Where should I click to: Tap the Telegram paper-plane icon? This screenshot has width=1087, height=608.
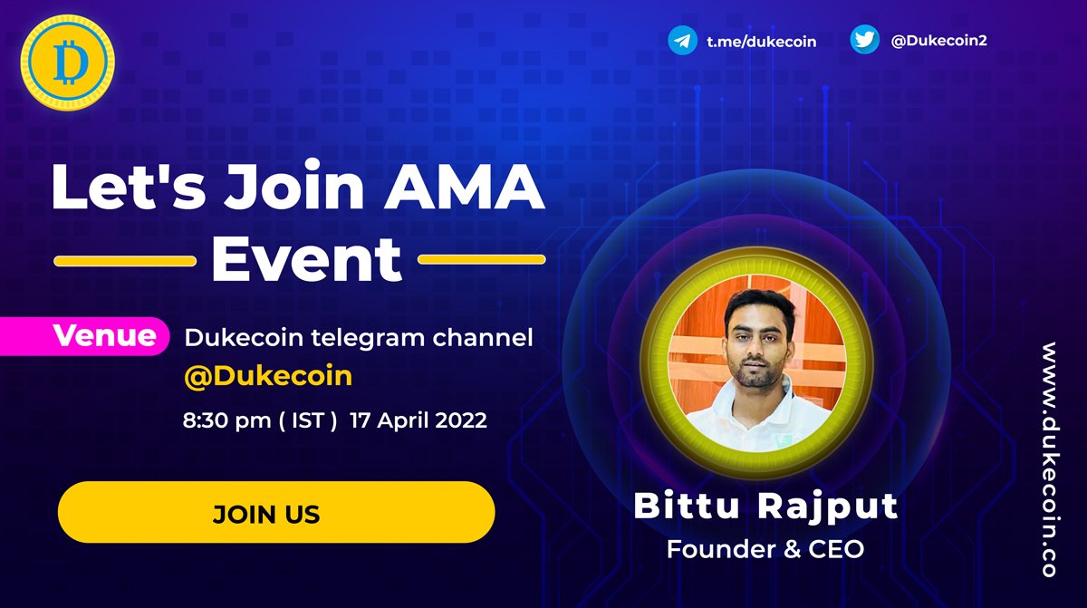[682, 41]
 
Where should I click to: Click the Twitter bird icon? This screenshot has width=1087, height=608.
[864, 41]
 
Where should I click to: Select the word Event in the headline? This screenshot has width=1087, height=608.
[306, 259]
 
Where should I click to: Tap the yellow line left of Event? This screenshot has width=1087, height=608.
[125, 260]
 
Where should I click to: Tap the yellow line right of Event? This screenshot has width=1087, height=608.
[482, 259]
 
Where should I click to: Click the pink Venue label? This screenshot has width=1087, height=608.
[105, 336]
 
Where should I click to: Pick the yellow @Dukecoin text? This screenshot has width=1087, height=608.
[267, 376]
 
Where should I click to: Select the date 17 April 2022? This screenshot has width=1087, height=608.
[418, 420]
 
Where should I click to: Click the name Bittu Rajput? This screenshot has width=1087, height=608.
[765, 507]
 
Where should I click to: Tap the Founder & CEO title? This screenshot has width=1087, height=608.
[765, 549]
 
